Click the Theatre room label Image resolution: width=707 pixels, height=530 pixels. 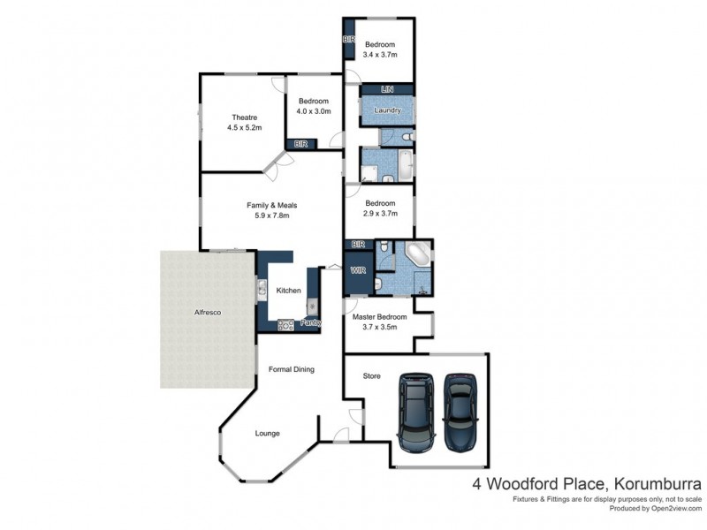(244, 117)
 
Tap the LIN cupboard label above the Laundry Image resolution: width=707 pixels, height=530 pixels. (386, 90)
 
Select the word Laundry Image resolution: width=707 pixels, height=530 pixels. (387, 111)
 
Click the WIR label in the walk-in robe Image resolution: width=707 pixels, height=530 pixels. (358, 269)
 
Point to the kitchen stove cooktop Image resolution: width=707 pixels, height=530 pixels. (285, 325)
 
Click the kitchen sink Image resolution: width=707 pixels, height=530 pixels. (262, 286)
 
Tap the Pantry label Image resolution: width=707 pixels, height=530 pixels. (310, 324)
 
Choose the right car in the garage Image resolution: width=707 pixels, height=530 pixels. (460, 411)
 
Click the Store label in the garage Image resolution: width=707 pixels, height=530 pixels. (372, 376)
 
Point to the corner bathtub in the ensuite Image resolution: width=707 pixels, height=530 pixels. (416, 257)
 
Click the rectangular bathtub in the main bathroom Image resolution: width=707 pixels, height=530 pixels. (403, 165)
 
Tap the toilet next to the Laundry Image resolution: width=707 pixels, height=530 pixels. (404, 138)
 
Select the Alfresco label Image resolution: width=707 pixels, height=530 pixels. (207, 314)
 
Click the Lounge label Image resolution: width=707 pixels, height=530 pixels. (268, 434)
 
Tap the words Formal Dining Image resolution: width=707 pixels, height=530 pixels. (292, 369)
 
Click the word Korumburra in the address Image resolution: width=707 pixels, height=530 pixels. (655, 484)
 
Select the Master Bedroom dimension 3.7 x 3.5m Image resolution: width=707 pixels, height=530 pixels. (379, 327)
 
